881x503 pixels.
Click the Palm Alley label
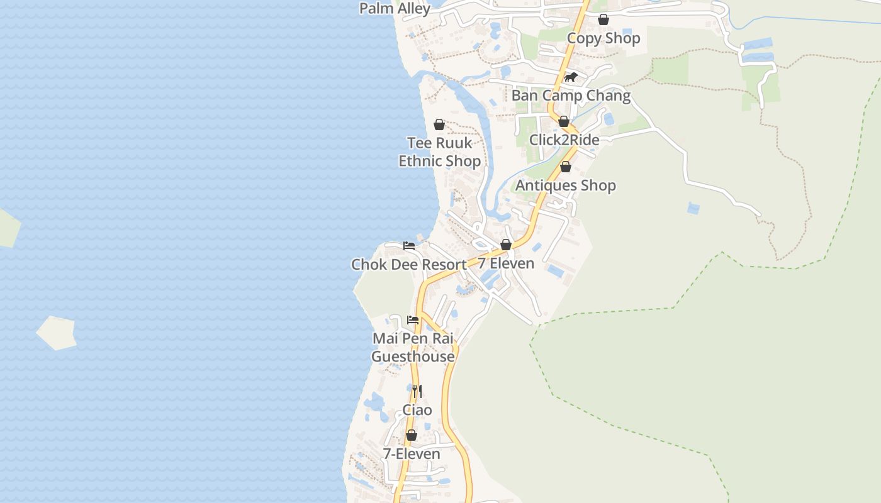pos(395,8)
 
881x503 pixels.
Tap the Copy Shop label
pos(603,38)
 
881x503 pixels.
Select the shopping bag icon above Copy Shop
pos(603,19)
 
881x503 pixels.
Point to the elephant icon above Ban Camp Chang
pos(571,77)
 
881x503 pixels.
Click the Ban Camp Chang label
pos(571,96)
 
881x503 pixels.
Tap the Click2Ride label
pos(564,140)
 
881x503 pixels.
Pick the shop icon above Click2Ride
pos(564,121)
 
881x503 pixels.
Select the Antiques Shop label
pos(566,185)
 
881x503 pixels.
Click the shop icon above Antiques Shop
pos(566,167)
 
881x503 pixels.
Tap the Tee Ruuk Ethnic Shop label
pos(439,152)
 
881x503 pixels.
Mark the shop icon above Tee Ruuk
pos(439,124)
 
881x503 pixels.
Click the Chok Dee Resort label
pos(409,265)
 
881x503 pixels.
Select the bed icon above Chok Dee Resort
pos(409,245)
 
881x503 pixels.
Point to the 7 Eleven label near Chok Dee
pos(506,263)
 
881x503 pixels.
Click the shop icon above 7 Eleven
pos(506,245)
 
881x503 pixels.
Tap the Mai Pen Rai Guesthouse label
pos(413,348)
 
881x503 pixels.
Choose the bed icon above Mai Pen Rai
pos(413,320)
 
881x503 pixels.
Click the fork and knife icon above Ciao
pos(417,391)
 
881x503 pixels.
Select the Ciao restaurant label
pos(417,411)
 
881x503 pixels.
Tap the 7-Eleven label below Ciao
pos(412,454)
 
